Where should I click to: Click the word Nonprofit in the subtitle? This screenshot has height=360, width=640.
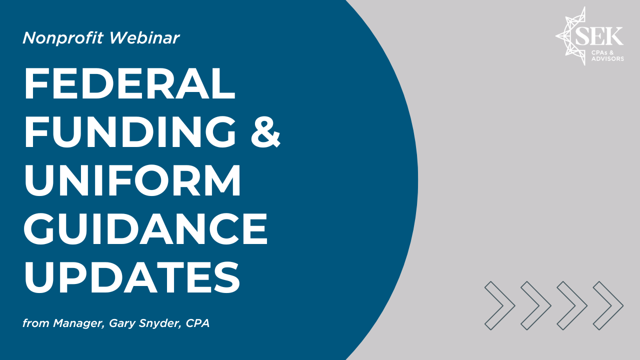[x=62, y=38]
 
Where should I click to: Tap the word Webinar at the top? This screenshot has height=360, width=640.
[x=144, y=37]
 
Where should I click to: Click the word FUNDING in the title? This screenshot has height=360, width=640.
[x=130, y=131]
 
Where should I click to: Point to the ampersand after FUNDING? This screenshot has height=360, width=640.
[x=265, y=131]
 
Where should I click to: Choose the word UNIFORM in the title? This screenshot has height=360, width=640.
[x=132, y=180]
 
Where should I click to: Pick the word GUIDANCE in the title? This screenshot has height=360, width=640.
[x=145, y=228]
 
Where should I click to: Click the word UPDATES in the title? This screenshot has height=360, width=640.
[x=132, y=277]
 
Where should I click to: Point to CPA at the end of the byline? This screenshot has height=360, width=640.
[x=197, y=323]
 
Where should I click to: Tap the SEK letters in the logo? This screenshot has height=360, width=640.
[x=599, y=36]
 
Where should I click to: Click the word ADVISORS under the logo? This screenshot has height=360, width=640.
[x=607, y=59]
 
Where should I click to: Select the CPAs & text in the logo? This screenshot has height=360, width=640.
[x=602, y=52]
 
